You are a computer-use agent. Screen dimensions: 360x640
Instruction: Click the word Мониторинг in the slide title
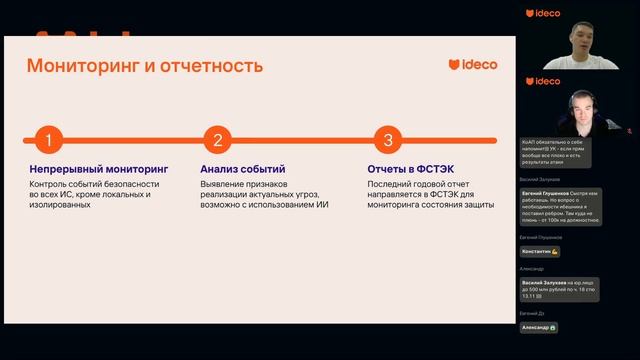click(79, 66)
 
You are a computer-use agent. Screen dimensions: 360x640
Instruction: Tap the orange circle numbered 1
click(47, 141)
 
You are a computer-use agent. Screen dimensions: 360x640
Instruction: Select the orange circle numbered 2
click(217, 141)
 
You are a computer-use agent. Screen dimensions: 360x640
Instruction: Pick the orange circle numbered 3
click(387, 141)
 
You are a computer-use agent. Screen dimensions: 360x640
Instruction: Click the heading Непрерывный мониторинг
click(99, 170)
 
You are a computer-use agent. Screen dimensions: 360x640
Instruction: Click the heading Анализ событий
click(242, 170)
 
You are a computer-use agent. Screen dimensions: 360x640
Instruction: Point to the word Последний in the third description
click(392, 183)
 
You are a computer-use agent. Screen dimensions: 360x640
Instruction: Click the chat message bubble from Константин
click(540, 251)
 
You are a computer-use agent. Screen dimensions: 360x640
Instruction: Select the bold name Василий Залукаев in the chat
click(544, 283)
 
